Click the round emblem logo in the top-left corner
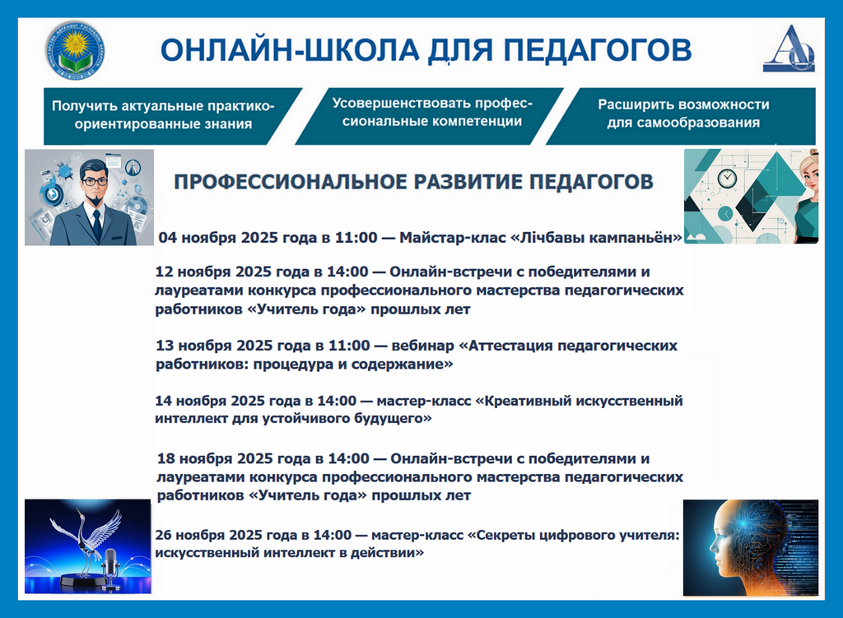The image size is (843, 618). pyautogui.click(x=75, y=50)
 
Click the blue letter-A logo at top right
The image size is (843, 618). pyautogui.click(x=788, y=49)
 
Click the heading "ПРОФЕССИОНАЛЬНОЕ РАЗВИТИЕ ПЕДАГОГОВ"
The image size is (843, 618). pyautogui.click(x=414, y=181)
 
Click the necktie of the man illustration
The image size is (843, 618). pyautogui.click(x=96, y=223)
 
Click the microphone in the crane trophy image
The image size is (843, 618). pyautogui.click(x=111, y=565)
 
